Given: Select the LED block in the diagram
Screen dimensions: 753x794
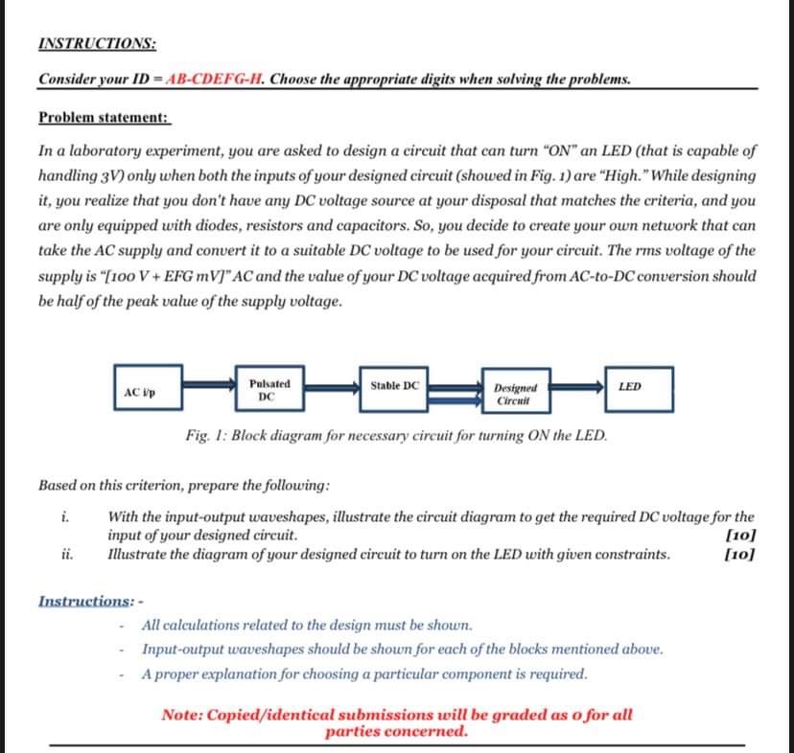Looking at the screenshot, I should (x=638, y=387).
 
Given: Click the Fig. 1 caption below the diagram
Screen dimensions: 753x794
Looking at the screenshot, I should (x=397, y=435).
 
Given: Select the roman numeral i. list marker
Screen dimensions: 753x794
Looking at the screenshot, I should (x=63, y=518).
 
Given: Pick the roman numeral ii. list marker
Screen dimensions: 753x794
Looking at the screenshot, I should (x=65, y=554).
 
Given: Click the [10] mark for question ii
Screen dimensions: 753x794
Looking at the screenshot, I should (x=741, y=554).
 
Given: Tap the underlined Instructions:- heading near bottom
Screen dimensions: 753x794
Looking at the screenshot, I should (x=90, y=601).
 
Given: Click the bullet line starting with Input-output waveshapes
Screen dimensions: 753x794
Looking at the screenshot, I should (x=401, y=650).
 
